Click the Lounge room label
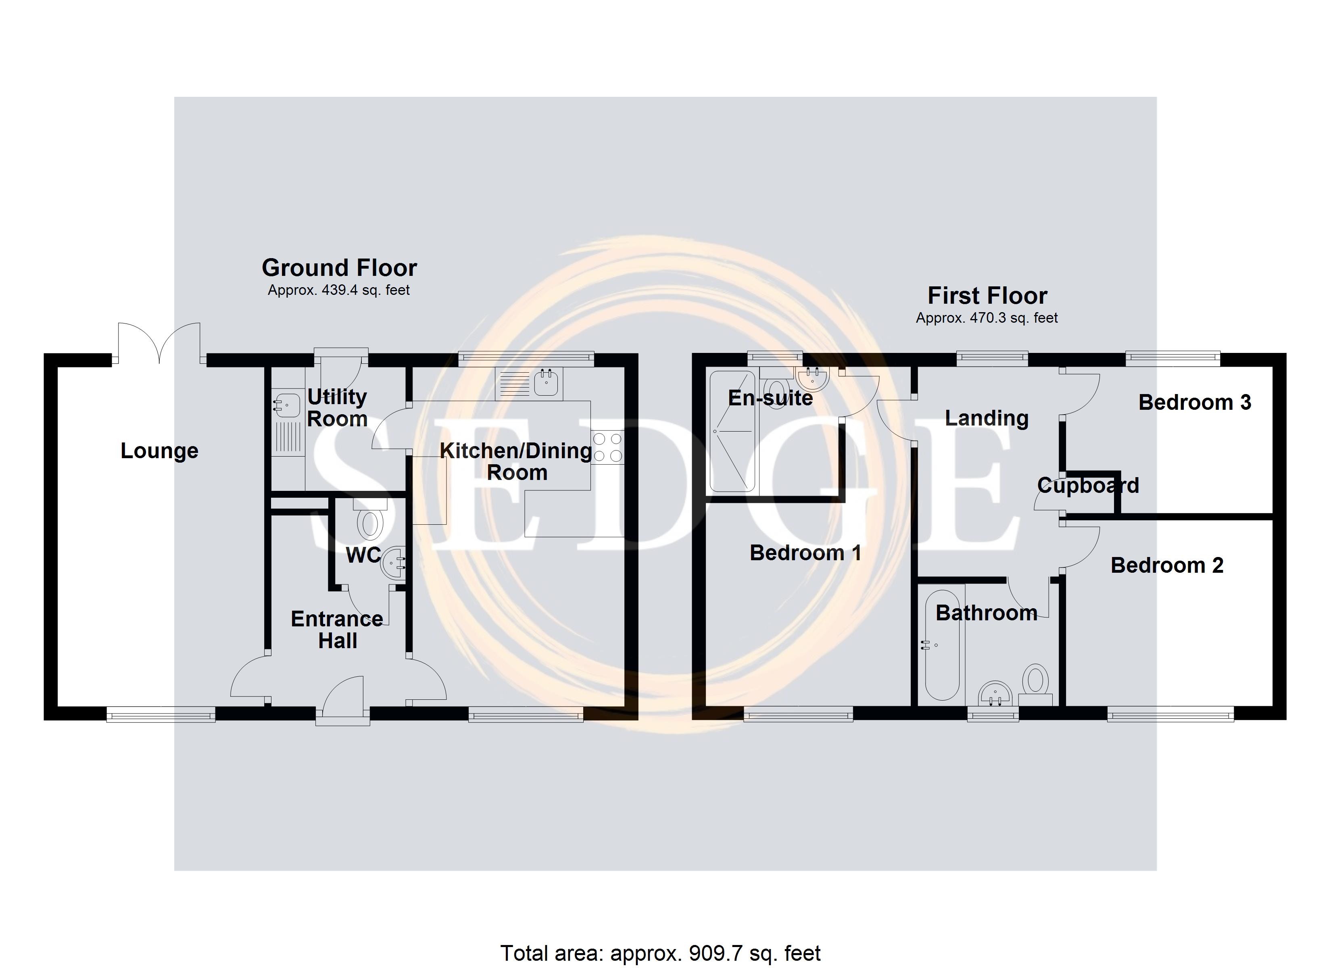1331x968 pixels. tap(160, 451)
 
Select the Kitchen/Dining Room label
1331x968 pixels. tap(516, 461)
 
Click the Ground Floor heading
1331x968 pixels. tap(339, 268)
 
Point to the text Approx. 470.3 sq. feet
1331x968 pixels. tap(987, 318)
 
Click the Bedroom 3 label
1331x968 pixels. tap(1195, 403)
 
